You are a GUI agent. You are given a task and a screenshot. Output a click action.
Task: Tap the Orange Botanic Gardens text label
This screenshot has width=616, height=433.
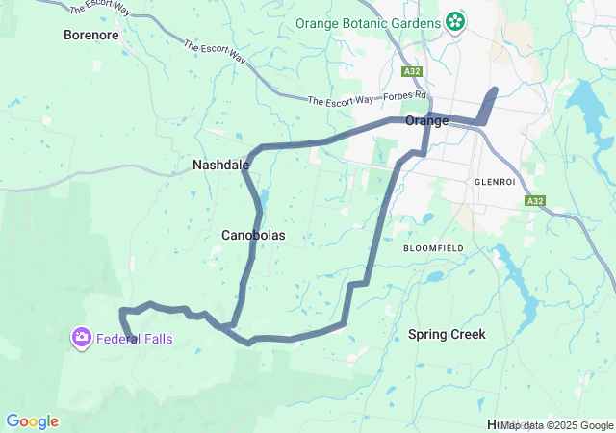367,23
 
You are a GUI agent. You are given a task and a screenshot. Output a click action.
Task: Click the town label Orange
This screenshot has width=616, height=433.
427,120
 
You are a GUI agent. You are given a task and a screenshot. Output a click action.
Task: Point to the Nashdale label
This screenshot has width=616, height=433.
220,165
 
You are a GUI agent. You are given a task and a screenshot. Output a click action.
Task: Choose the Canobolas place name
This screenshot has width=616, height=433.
253,235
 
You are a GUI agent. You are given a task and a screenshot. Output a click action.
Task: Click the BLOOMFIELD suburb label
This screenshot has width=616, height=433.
433,248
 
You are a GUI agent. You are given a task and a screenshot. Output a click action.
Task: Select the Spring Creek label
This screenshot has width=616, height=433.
447,335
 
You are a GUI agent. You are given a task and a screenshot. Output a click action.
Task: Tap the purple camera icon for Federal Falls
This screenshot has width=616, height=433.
81,337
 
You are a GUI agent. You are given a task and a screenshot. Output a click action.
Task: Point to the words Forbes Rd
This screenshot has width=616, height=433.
405,96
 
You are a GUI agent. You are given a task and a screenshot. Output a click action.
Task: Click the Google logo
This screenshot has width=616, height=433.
32,421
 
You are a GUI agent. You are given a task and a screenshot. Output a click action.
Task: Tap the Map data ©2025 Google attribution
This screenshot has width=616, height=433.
556,425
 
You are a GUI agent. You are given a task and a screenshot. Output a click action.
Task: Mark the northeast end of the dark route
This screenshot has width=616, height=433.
495,90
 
